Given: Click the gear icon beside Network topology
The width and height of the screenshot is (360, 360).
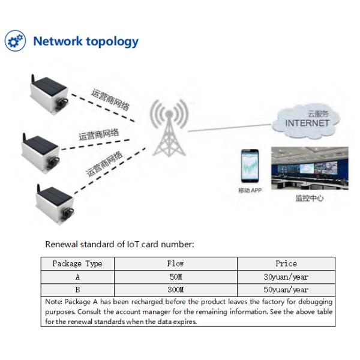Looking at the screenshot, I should pyautogui.click(x=16, y=41).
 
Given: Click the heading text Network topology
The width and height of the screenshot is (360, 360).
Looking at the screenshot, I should pyautogui.click(x=85, y=41).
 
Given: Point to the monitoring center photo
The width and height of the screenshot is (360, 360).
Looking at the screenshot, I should pyautogui.click(x=308, y=169).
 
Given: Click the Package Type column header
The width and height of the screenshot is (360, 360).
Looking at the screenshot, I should pyautogui.click(x=77, y=263).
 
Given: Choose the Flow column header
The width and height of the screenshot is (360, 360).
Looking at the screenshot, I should pyautogui.click(x=175, y=263).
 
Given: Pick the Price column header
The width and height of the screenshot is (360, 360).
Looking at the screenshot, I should pyautogui.click(x=286, y=263).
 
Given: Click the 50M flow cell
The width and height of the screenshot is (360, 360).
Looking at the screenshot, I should pyautogui.click(x=175, y=277).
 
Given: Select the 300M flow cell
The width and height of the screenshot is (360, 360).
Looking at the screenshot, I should pyautogui.click(x=175, y=289).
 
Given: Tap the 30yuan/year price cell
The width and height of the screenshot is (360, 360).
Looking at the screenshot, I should pyautogui.click(x=286, y=277).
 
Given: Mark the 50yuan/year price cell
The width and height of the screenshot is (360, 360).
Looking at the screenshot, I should pyautogui.click(x=286, y=289).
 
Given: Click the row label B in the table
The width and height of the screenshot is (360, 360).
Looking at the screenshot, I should pyautogui.click(x=77, y=289).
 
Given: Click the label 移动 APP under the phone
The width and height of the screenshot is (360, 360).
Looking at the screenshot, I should pyautogui.click(x=251, y=191).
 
